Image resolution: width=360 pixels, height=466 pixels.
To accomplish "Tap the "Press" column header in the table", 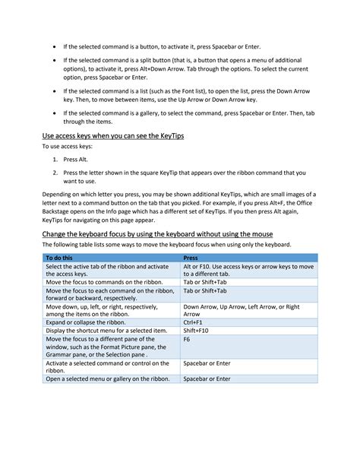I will click(x=191, y=258).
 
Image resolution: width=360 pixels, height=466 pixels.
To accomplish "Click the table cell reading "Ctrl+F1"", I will click(x=193, y=322).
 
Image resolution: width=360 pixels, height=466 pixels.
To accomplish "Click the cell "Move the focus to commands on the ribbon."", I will click(x=101, y=281).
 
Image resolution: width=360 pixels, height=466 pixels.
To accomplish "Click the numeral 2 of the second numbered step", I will click(x=55, y=172).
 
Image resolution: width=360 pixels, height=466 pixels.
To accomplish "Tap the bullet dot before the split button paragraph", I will click(x=54, y=58).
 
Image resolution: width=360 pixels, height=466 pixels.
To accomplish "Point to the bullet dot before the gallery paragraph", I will click(x=54, y=113).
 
